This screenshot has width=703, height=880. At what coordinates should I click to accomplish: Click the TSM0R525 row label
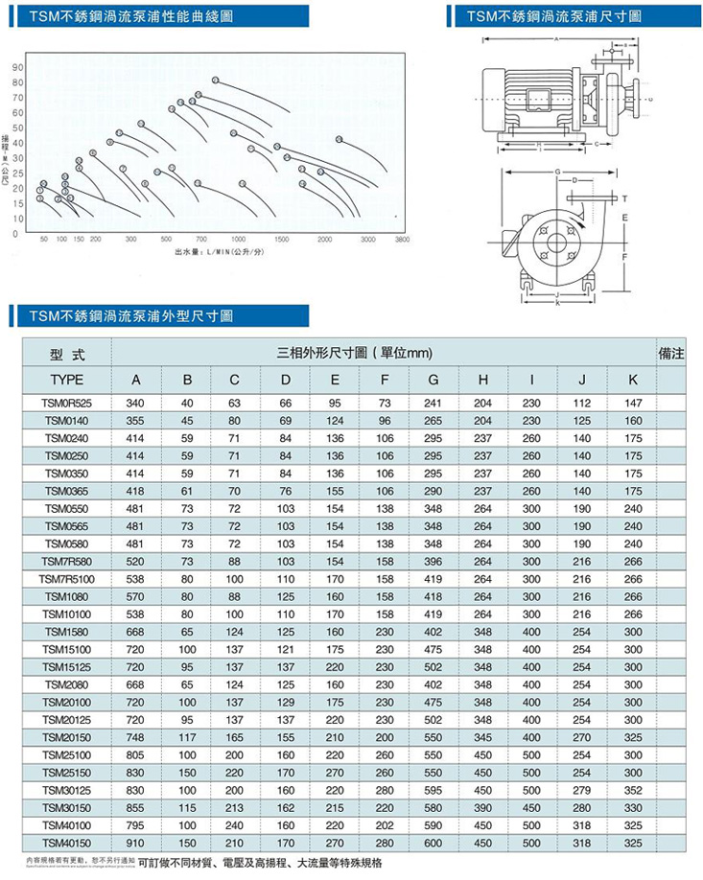(x=66, y=403)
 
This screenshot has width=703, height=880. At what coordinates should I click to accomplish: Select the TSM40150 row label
(x=66, y=843)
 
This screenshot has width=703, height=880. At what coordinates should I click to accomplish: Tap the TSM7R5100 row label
(x=66, y=578)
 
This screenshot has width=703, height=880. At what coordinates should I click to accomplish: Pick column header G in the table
(x=434, y=381)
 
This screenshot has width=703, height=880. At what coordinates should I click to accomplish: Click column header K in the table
(x=633, y=381)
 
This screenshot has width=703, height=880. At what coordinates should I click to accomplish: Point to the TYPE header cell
(x=66, y=381)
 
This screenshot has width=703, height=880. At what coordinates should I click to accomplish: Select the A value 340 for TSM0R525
(x=134, y=403)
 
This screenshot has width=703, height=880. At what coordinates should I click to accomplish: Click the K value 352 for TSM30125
(x=633, y=790)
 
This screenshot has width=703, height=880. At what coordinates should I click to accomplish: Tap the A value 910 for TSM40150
(x=134, y=843)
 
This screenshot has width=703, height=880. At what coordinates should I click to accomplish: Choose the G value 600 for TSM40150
(x=434, y=843)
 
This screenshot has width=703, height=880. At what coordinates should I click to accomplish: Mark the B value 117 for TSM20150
(x=185, y=737)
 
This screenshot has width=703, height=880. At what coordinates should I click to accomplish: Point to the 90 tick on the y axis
(x=17, y=68)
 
